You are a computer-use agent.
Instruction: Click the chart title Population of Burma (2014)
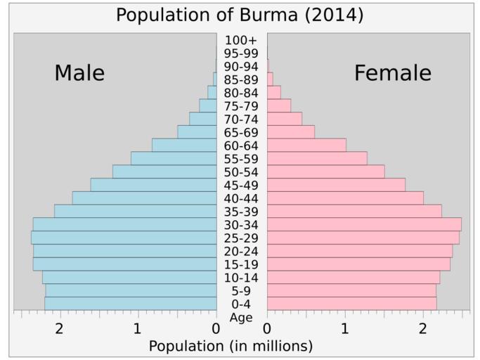240,15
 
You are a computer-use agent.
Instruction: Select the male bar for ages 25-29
124,238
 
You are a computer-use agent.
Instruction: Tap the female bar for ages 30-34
364,224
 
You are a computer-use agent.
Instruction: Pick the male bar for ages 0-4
130,304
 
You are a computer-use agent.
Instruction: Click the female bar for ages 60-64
306,145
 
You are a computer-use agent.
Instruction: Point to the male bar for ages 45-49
153,185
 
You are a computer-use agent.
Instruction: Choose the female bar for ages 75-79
279,105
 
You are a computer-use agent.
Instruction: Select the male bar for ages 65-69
197,132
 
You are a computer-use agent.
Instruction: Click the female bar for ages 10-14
353,278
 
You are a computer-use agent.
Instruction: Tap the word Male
79,73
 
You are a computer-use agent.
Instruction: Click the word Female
392,73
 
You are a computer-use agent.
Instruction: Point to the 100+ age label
242,40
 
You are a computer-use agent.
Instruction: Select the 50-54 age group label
242,172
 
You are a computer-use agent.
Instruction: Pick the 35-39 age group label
242,212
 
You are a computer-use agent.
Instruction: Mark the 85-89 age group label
242,79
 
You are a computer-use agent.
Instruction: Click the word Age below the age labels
241,318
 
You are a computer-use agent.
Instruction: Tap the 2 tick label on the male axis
60,328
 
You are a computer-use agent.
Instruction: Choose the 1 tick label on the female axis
345,328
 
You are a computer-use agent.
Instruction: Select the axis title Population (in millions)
231,346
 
